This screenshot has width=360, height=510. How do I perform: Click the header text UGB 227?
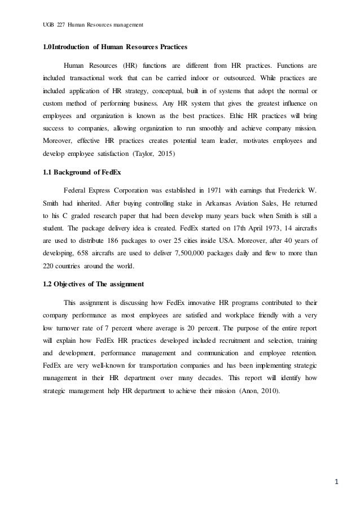[53, 24]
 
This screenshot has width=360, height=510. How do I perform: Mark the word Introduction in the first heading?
[77, 45]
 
